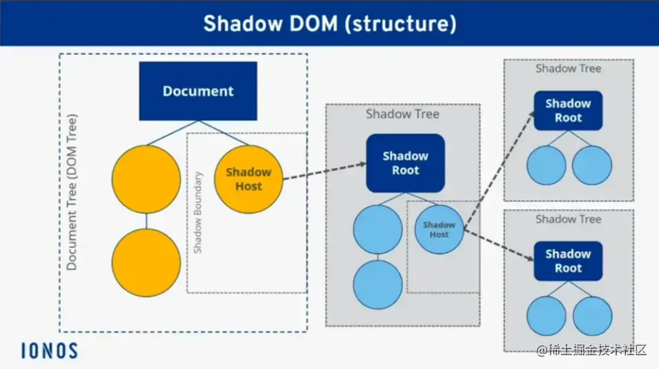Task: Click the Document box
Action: pos(198,91)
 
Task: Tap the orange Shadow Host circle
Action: pos(248,179)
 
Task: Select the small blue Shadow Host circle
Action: pos(439,229)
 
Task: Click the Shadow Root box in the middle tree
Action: pos(405,163)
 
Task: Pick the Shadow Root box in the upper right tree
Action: pos(568,110)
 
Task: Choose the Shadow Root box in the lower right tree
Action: pos(568,261)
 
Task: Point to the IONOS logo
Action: pos(48,350)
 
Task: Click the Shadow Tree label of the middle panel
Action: pos(402,114)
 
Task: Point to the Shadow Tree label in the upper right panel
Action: pos(568,68)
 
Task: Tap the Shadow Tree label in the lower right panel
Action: pos(568,219)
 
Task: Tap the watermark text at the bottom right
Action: pos(592,350)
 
